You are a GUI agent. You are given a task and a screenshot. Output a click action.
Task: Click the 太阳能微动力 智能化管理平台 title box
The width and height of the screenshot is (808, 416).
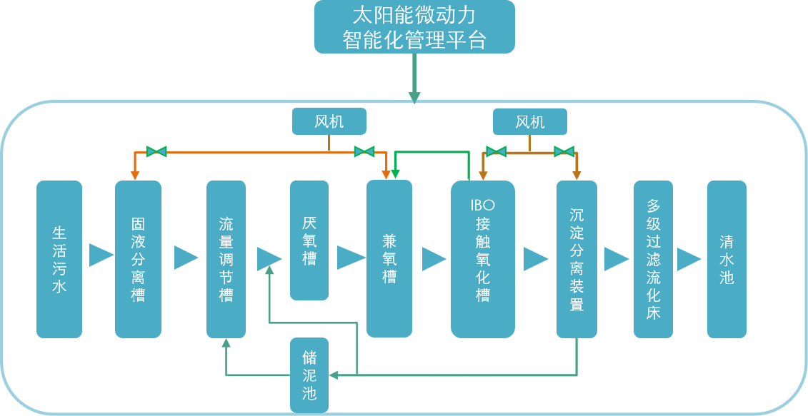414,26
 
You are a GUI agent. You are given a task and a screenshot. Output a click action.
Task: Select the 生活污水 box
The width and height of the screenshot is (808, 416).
59,259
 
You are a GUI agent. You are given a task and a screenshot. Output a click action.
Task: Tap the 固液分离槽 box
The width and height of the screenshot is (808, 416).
138,259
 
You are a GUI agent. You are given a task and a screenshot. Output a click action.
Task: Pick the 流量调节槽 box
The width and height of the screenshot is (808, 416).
226,259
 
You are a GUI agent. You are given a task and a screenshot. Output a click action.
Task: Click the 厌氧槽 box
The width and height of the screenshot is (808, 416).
309,240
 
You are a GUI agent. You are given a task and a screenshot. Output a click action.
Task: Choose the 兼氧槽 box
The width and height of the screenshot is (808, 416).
389,258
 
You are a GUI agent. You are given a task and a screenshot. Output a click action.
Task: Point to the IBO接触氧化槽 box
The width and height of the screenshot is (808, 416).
483,259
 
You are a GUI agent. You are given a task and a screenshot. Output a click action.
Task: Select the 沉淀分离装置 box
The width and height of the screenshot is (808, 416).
577,259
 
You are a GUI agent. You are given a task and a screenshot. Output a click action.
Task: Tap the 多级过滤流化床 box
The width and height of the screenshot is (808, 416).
653,259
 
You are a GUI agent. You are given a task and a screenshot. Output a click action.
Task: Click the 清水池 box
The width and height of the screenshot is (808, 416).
727,259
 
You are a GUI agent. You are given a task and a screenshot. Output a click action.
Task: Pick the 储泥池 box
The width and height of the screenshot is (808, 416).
309,375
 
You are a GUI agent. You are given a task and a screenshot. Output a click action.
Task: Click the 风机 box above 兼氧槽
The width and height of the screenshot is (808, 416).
329,121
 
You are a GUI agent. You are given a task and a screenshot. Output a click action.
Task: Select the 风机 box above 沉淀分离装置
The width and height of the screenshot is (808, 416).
530,121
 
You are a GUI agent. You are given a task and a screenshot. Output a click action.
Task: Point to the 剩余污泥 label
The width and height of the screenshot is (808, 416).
459,368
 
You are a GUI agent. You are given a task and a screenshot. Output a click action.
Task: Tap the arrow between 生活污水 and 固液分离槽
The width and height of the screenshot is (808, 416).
101,255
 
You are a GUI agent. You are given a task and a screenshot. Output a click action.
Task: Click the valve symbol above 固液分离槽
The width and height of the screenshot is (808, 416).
156,151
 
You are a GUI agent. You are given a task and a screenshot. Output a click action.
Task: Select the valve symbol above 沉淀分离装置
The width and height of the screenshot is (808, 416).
564,151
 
